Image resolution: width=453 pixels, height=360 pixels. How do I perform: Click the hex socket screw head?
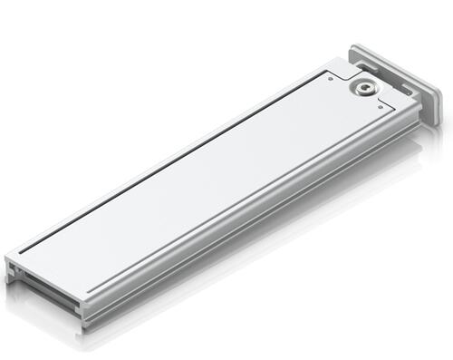[364, 87]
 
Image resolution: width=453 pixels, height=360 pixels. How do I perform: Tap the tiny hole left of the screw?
[332, 79]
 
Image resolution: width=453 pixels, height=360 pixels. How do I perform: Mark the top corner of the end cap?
[354, 44]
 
